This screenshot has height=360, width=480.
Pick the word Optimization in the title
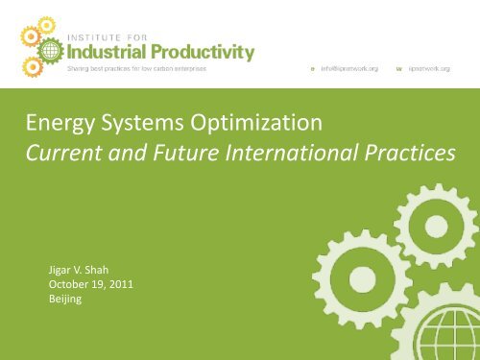tap(255, 124)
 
